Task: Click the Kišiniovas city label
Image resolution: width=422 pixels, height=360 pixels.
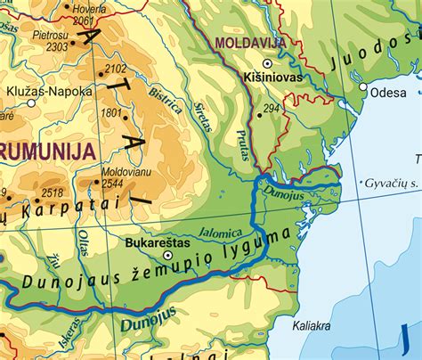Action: pos(272,78)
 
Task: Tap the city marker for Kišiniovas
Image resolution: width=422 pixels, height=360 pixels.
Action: pos(266,64)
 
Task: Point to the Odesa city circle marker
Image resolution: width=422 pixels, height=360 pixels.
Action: pos(363,86)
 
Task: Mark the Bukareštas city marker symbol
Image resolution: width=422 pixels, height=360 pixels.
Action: pos(167,255)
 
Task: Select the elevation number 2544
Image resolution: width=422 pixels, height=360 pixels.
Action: pos(112,184)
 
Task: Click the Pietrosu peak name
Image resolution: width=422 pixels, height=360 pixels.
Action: pos(51,35)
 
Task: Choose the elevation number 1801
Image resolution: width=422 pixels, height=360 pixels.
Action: pos(111,113)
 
